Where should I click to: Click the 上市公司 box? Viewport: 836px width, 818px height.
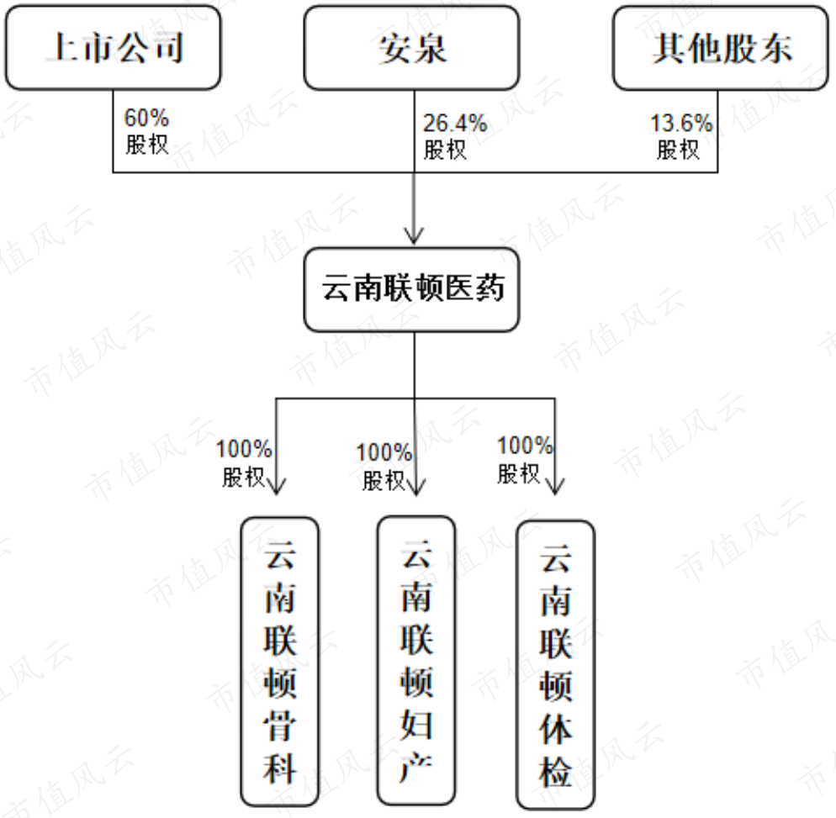click(x=113, y=48)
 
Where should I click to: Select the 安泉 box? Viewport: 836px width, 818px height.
click(x=411, y=48)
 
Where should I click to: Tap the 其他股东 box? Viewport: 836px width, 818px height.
click(x=721, y=48)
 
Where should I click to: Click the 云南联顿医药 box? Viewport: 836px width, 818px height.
click(x=411, y=289)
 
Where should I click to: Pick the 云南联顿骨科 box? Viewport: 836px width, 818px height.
click(x=280, y=661)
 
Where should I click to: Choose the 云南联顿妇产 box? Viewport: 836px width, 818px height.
click(x=416, y=660)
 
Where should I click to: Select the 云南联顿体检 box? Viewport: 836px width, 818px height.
click(x=556, y=664)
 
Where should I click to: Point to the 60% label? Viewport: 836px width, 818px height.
click(x=146, y=118)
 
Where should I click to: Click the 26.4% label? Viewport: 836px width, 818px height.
click(x=455, y=123)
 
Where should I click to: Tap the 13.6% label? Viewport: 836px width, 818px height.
click(x=681, y=123)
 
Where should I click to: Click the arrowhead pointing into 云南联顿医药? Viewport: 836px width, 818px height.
click(x=415, y=236)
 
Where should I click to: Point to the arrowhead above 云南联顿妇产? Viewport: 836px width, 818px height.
click(x=415, y=488)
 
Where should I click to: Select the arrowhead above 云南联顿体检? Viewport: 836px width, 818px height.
click(x=555, y=486)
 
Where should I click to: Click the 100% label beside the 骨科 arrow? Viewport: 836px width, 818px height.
click(x=244, y=449)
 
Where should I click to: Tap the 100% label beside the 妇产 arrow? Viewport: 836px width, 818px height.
click(x=384, y=453)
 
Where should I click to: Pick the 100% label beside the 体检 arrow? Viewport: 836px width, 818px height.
click(x=525, y=446)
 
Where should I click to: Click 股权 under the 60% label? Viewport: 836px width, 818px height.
click(x=147, y=145)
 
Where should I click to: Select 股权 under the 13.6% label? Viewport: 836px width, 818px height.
click(x=678, y=150)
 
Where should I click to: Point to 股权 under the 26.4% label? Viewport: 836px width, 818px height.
click(x=445, y=150)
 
